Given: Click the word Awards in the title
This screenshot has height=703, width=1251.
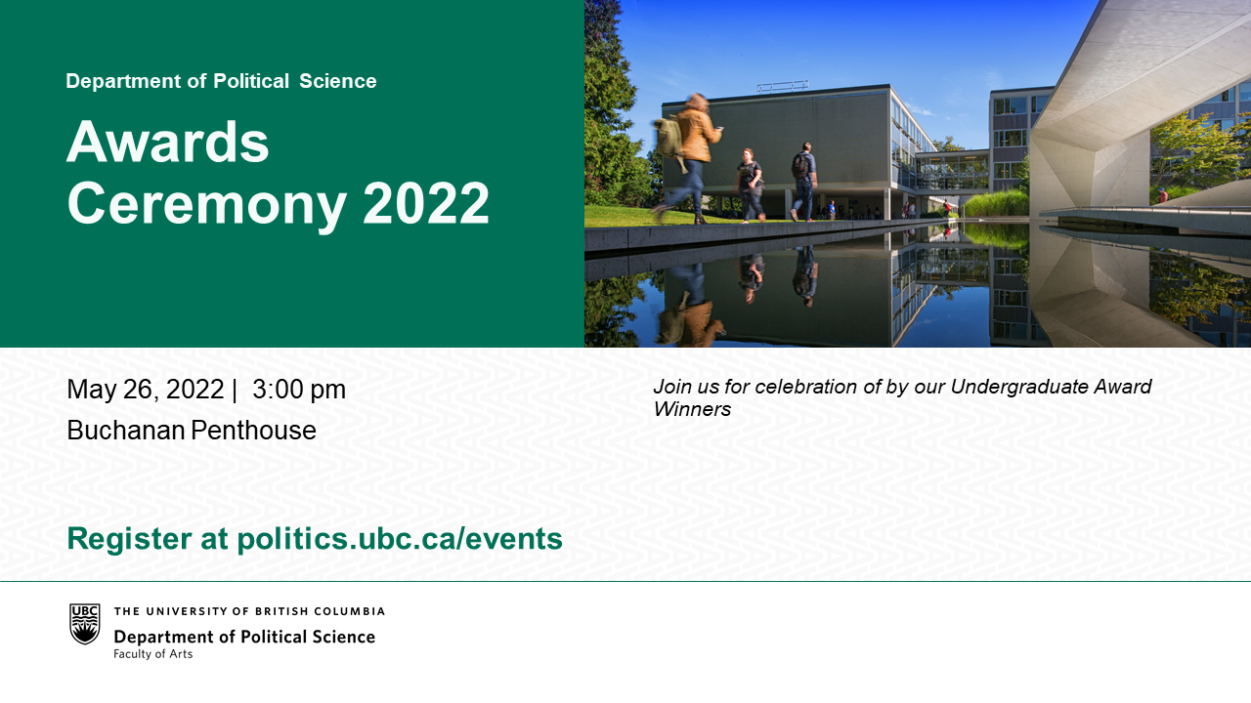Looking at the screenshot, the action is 167,142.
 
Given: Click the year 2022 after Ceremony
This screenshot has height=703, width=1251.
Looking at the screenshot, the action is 425,203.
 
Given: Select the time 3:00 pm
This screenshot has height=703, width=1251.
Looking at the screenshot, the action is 299,390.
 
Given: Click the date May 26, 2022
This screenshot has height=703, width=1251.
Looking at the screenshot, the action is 146,391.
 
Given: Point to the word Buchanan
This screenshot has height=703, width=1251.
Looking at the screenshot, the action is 126,431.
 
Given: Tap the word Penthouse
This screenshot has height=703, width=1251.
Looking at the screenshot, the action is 253,431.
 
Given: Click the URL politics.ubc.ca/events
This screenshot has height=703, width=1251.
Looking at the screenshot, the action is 400,539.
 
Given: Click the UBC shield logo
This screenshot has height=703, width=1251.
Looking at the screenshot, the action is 85,624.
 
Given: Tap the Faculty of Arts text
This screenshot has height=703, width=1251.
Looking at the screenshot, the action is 153,654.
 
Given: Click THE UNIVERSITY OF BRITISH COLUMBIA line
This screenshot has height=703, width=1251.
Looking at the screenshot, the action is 249,611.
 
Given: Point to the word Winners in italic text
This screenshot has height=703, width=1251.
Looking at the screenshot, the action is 692,409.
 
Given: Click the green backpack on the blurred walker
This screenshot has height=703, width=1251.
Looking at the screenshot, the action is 669,138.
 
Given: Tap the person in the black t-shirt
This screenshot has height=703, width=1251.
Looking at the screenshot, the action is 749,186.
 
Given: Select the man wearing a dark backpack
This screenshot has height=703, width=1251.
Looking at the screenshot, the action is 804,182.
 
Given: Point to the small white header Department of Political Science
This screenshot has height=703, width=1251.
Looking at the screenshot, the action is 221,81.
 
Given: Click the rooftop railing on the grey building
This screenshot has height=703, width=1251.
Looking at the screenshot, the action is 783,86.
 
